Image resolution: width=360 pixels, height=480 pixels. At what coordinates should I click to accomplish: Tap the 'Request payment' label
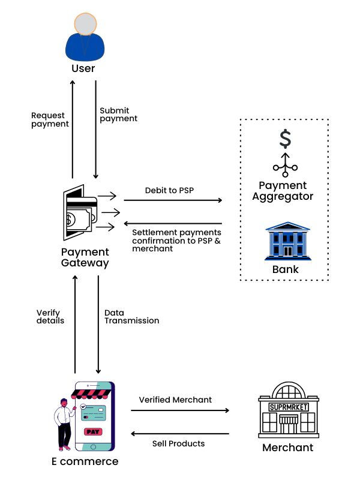50,119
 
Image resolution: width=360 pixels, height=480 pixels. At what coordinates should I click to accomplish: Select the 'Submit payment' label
118,115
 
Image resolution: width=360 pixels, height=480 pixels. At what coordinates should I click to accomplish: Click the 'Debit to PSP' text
169,190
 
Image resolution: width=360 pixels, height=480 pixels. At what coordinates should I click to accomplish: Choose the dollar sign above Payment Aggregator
286,139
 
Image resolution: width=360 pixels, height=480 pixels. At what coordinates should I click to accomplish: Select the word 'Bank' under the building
285,269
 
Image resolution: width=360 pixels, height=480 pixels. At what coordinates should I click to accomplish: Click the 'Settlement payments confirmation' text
176,240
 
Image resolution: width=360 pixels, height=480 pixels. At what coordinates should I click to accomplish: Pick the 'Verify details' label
50,316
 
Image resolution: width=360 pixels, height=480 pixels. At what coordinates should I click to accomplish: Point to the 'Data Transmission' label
131,316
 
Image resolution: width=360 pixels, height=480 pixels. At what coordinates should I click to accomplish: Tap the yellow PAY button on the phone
93,431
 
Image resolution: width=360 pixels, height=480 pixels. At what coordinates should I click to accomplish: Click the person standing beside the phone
62,423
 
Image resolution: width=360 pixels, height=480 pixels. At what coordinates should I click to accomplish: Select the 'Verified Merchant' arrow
180,410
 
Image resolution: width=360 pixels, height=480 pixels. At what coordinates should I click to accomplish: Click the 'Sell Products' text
179,443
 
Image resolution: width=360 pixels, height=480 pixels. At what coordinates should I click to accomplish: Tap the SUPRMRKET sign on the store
289,407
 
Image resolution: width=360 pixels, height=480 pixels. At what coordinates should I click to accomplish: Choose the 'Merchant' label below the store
288,448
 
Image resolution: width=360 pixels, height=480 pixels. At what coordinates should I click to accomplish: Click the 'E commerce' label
85,461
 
